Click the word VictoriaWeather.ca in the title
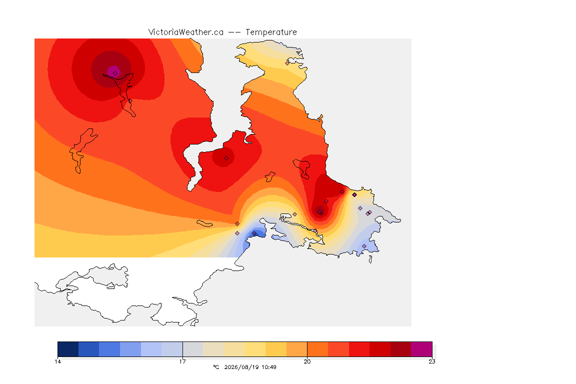[x=186, y=32]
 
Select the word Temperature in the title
[x=271, y=32]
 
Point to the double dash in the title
[x=234, y=32]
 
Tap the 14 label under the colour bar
[x=57, y=361]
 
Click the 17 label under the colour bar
[x=182, y=361]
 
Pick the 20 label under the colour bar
[x=307, y=361]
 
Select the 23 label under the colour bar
[x=432, y=361]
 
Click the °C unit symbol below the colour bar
[x=216, y=367]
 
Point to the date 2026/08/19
[x=240, y=367]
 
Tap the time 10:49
[x=269, y=367]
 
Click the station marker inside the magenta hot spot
[x=115, y=73]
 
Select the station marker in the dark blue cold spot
[x=254, y=233]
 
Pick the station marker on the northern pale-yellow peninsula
[x=287, y=63]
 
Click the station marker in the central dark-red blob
[x=226, y=158]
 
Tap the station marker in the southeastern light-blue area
[x=364, y=246]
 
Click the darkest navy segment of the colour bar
[x=68, y=349]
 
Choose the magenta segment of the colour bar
[x=421, y=349]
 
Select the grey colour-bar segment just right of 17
[x=193, y=349]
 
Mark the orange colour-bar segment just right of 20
[x=318, y=349]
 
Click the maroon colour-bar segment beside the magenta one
[x=401, y=349]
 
